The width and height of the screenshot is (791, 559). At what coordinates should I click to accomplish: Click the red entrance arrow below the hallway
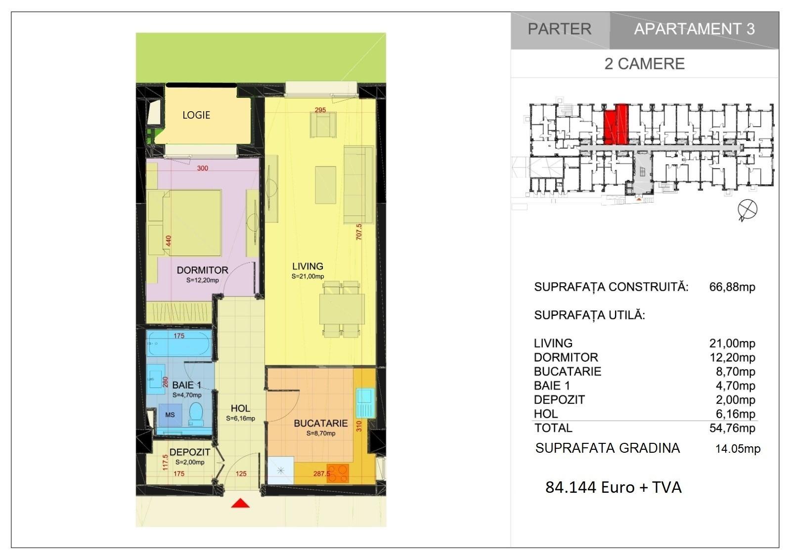click(x=240, y=503)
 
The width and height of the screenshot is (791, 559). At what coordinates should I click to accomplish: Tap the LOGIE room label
click(x=196, y=115)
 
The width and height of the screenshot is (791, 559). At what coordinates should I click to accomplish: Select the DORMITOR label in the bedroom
click(x=202, y=270)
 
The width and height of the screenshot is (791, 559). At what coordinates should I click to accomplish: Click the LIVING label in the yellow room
click(x=308, y=266)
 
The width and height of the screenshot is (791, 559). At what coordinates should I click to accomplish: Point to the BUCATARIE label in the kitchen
click(x=321, y=423)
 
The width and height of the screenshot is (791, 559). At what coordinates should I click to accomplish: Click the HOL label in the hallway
click(x=240, y=408)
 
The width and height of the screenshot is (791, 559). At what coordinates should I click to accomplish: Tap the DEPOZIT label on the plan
click(x=190, y=452)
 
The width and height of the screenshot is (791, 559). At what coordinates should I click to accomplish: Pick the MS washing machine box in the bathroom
click(x=170, y=415)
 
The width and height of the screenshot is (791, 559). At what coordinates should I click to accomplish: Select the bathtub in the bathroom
click(x=179, y=343)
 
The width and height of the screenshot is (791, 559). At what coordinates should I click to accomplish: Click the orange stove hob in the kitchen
click(x=338, y=473)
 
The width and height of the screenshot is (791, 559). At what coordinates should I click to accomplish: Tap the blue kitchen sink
click(x=365, y=403)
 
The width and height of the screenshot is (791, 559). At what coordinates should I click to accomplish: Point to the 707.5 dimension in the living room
click(x=359, y=232)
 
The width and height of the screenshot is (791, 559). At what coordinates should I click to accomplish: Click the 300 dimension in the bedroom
click(x=202, y=168)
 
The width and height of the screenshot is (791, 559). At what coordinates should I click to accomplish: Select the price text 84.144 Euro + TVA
click(x=614, y=487)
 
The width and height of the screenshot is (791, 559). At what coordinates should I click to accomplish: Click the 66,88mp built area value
click(x=732, y=287)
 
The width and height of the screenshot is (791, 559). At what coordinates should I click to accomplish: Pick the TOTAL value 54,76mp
click(x=732, y=428)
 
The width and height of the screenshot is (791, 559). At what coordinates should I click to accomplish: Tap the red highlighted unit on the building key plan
click(x=616, y=125)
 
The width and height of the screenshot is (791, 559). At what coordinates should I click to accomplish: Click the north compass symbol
click(x=747, y=210)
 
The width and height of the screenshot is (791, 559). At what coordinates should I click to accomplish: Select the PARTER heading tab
click(x=560, y=29)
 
